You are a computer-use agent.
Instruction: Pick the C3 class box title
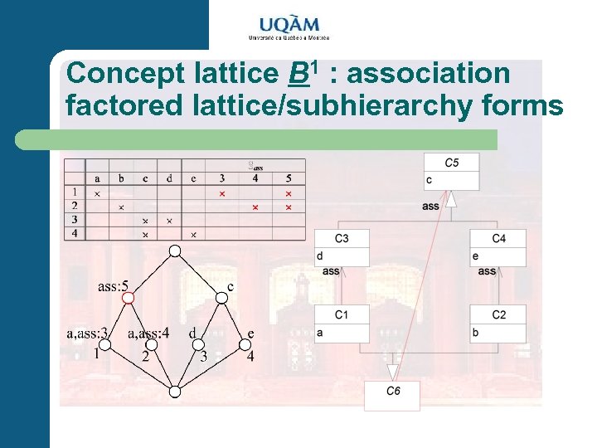point(342,239)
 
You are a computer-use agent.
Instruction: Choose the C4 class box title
point(498,239)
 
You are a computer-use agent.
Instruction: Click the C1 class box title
point(342,315)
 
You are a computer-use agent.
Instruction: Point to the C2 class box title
point(498,315)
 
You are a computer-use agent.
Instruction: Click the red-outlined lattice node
point(129,297)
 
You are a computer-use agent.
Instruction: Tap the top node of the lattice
point(175,251)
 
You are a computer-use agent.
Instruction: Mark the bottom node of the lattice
point(175,391)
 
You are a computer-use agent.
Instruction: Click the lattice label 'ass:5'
point(113,287)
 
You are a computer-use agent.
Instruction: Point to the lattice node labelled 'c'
point(221,299)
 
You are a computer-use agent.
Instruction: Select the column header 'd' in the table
point(169,178)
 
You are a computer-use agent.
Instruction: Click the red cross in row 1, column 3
point(221,193)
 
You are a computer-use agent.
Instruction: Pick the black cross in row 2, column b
point(121,207)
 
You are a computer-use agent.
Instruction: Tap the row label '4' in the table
point(75,234)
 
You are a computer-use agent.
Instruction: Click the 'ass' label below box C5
point(431,206)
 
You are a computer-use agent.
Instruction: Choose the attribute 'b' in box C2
point(475,333)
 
